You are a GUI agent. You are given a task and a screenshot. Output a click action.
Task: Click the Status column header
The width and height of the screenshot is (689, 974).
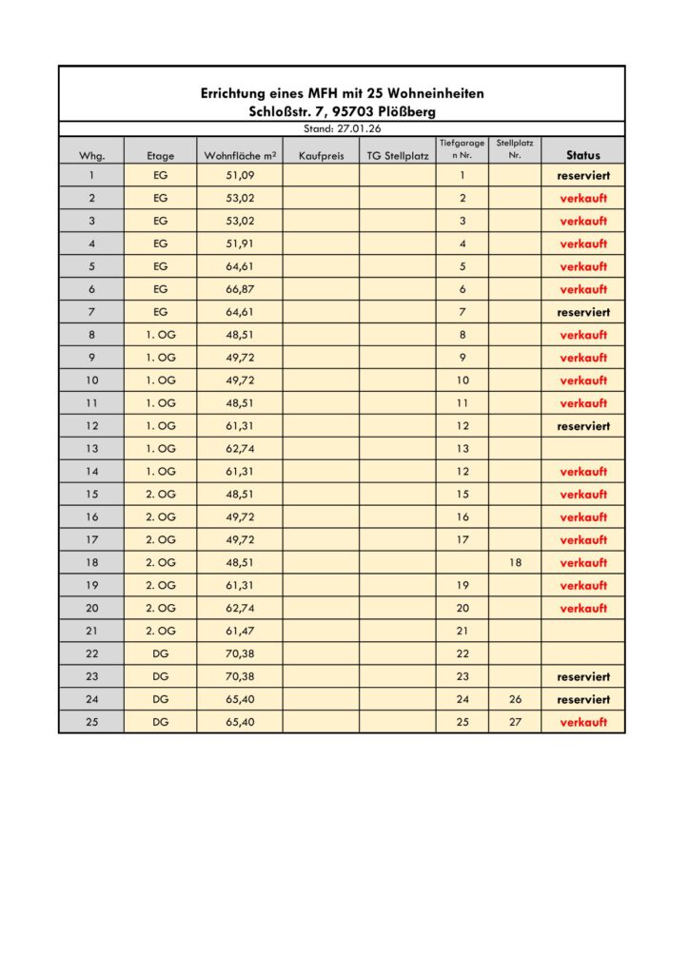pyautogui.click(x=583, y=155)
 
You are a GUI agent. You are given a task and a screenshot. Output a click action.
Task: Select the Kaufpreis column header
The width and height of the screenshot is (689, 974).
pyautogui.click(x=321, y=155)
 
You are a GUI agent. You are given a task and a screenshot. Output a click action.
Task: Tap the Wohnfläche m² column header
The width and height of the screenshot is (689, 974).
pyautogui.click(x=240, y=155)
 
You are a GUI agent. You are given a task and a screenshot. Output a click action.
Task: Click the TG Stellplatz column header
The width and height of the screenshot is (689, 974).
pyautogui.click(x=398, y=155)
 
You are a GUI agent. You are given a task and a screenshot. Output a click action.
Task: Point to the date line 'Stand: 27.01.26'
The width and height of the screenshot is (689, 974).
pyautogui.click(x=342, y=127)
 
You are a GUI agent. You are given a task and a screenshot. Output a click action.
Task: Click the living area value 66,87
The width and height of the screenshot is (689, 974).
pyautogui.click(x=240, y=289)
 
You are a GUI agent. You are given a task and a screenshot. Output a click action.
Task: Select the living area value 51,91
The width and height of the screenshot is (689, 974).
pyautogui.click(x=240, y=243)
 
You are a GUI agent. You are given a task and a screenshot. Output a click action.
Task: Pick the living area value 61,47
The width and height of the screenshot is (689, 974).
pyautogui.click(x=240, y=631)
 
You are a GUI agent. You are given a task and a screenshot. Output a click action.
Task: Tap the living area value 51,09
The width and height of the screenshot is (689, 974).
pyautogui.click(x=240, y=176)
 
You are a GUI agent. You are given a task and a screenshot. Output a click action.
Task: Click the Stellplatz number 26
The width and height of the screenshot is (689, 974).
pyautogui.click(x=515, y=699)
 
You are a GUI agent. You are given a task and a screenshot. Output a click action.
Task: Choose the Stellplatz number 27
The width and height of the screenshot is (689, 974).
pyautogui.click(x=515, y=722)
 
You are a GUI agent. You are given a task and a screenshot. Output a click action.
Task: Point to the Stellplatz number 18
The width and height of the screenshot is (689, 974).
pyautogui.click(x=515, y=562)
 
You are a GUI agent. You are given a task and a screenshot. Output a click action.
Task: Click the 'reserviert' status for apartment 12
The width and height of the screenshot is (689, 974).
pyautogui.click(x=583, y=426)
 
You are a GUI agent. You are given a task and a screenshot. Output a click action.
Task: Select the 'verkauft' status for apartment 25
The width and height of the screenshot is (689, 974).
pyautogui.click(x=583, y=722)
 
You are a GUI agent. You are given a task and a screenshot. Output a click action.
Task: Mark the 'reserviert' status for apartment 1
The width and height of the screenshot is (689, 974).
pyautogui.click(x=583, y=176)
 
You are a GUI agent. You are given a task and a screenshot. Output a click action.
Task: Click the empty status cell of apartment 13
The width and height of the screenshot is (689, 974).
pyautogui.click(x=583, y=449)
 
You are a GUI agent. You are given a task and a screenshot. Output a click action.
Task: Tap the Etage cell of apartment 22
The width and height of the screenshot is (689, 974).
pyautogui.click(x=160, y=653)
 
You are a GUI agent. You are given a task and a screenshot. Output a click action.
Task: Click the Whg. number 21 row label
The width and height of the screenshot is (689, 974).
pyautogui.click(x=91, y=631)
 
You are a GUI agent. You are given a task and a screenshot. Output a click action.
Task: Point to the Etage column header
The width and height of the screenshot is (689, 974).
pyautogui.click(x=160, y=155)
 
